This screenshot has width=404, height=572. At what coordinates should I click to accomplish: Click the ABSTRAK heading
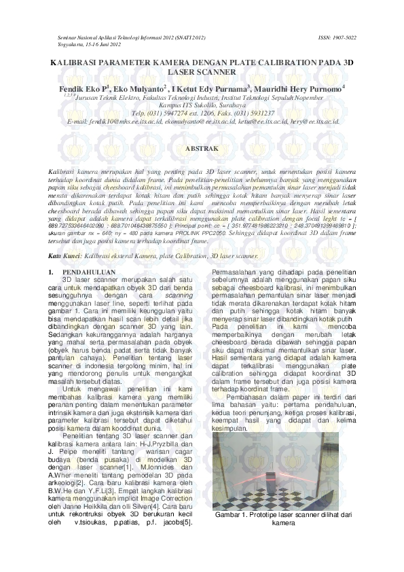(x=201, y=147)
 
